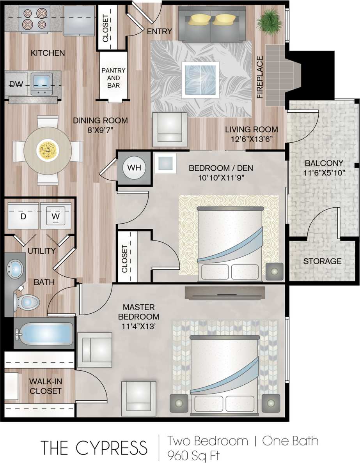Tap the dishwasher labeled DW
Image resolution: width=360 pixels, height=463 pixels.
coord(16,84)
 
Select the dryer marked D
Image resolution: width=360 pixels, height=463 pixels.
coord(23,216)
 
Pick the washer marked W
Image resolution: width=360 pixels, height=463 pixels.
coord(55,216)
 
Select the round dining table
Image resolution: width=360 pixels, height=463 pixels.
coord(48,148)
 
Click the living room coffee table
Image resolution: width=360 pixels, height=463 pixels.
coord(200,80)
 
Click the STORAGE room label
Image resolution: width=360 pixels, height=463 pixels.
coord(323,261)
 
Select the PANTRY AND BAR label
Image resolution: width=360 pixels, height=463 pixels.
coord(113,78)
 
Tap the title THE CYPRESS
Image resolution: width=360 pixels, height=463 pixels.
coord(94,448)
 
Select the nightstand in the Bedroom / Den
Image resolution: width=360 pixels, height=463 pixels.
coord(275,271)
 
